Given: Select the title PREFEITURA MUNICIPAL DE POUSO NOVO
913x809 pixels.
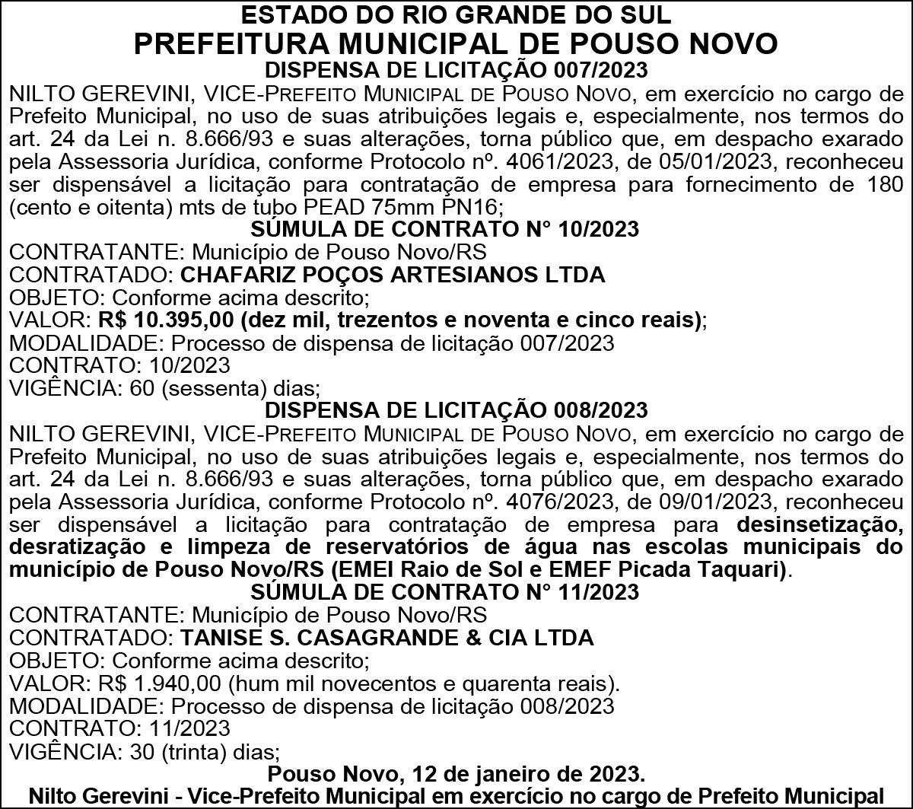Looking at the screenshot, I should pyautogui.click(x=456, y=43).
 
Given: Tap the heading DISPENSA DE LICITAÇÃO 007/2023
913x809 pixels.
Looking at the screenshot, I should pyautogui.click(x=456, y=71).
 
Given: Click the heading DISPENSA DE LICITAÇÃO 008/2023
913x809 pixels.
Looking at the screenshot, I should pyautogui.click(x=456, y=409).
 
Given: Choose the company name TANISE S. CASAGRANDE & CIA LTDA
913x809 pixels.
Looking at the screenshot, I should pyautogui.click(x=387, y=637).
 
